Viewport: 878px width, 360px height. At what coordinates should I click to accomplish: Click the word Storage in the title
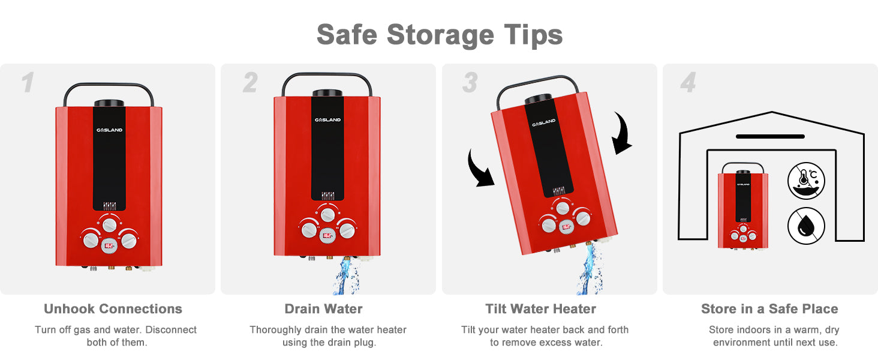coord(440,35)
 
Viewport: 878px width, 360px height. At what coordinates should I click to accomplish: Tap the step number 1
coord(28,82)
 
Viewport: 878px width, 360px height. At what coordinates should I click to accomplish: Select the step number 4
coord(688,82)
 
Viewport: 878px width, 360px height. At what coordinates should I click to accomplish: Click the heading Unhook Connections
coord(113,308)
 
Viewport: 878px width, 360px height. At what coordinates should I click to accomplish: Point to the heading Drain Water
coord(323,308)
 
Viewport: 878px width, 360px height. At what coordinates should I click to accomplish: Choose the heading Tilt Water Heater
coord(540,308)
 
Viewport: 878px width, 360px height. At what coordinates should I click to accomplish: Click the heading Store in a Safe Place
coord(769,308)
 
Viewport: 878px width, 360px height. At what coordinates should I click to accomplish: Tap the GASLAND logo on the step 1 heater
coord(109,130)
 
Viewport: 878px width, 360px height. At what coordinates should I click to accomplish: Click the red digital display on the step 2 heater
coord(327,235)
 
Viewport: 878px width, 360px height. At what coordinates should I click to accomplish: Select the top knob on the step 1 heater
coord(109,225)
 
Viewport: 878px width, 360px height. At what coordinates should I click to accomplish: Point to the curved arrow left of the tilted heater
coord(479,169)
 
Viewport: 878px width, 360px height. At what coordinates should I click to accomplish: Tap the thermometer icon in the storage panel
coord(806,181)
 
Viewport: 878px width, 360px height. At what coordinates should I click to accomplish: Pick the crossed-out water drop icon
coord(806,226)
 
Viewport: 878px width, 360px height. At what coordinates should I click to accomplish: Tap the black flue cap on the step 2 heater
coord(327,93)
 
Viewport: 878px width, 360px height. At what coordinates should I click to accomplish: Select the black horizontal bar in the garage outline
coord(770,136)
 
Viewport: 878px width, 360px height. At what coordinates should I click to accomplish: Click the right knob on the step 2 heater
coord(347,230)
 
